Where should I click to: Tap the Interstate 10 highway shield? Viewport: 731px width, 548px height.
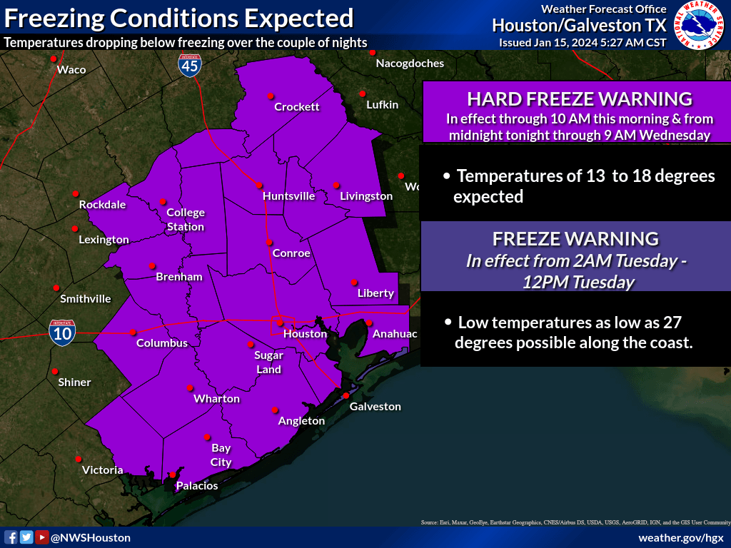pos(63,333)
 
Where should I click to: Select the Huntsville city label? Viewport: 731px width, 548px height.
pos(288,196)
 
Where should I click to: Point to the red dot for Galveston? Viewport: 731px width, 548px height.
pos(346,395)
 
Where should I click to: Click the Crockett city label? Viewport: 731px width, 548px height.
pos(297,107)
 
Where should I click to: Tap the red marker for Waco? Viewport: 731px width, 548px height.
pos(59,69)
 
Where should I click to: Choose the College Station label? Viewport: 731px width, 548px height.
pos(186,220)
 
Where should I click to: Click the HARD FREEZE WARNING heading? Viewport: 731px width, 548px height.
pos(579,98)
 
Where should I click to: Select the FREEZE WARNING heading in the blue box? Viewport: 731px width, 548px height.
pos(575,238)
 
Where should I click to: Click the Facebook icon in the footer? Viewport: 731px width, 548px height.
pos(11,537)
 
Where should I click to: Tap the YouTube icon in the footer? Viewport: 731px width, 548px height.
pos(42,537)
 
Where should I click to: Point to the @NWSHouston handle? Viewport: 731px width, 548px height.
pos(91,537)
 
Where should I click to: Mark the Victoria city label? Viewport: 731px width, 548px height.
pos(103,470)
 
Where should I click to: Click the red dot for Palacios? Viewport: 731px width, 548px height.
pos(172,475)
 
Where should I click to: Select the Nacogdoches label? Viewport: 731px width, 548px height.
pos(410,64)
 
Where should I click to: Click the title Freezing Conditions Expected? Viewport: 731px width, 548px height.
pos(178,18)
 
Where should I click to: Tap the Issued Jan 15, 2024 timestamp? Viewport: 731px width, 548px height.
pos(583,43)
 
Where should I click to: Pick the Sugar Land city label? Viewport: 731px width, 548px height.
pos(269,362)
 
